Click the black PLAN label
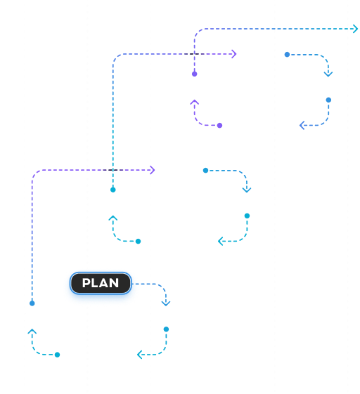[101, 283]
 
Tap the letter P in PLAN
[86, 283]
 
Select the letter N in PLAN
[114, 283]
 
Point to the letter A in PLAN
[104, 283]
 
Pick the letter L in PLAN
[95, 283]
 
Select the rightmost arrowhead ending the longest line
[356, 29]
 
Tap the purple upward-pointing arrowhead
[195, 102]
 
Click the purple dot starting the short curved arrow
[219, 126]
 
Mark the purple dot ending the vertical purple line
[195, 74]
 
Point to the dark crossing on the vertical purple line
[195, 54]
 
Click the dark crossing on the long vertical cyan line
[113, 170]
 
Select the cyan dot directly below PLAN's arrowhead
[166, 329]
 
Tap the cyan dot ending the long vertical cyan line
[113, 190]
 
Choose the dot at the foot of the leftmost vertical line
[32, 303]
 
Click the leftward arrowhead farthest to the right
[302, 125]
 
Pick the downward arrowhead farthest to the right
[328, 74]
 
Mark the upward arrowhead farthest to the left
[32, 331]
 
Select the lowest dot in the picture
[58, 355]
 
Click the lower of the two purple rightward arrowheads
[152, 170]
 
